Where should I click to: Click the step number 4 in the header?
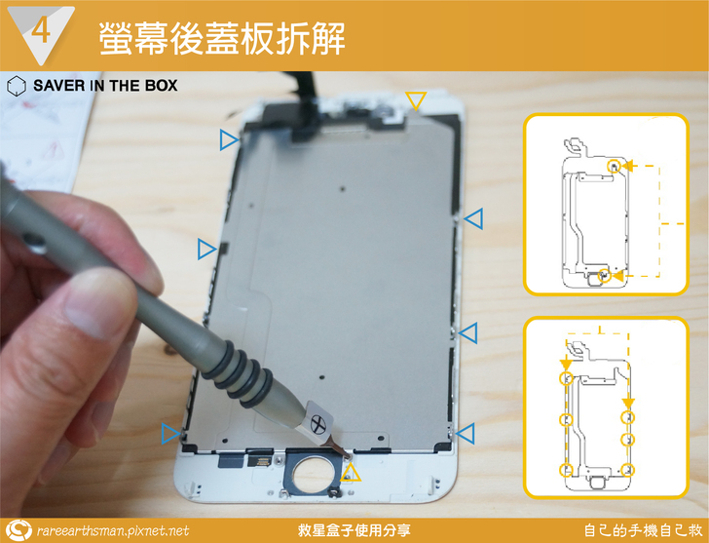point(41,31)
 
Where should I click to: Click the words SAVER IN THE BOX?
point(105,86)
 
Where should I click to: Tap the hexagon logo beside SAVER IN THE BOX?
point(17,86)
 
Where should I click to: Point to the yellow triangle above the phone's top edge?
point(416,100)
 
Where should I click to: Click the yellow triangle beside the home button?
point(351,473)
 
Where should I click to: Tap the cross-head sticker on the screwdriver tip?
point(318,424)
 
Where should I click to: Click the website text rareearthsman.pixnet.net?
point(113,530)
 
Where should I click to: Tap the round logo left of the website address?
point(19,530)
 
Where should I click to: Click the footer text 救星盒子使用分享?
point(354,530)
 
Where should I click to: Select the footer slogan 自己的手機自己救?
point(643,530)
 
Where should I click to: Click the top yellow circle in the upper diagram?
point(614,166)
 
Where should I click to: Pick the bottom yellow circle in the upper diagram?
point(604,276)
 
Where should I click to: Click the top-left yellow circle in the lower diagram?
point(566,378)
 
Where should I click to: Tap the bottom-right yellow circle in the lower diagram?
point(627,470)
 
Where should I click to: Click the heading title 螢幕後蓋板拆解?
point(222,38)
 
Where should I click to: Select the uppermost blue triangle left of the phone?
point(229,139)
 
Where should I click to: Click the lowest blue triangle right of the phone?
point(466,434)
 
